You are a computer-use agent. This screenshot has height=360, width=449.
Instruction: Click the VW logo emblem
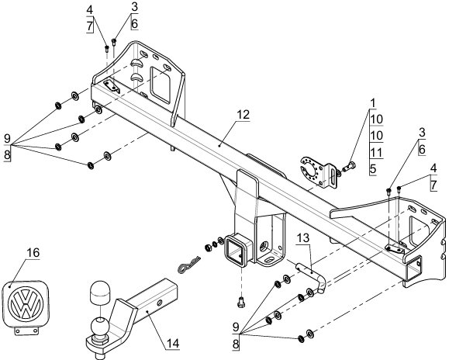(26, 303)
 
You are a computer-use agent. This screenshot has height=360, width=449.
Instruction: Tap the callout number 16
(33, 253)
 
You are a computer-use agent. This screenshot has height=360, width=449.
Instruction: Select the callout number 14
(173, 343)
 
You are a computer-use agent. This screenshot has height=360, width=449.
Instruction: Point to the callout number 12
(243, 115)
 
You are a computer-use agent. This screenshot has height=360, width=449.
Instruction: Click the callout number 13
(303, 237)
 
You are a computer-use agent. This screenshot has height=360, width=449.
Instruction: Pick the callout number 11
(376, 152)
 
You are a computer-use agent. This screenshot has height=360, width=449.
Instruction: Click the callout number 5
(373, 168)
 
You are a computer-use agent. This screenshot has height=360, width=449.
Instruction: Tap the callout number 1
(372, 103)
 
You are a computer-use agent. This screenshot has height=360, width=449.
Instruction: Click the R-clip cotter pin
(188, 265)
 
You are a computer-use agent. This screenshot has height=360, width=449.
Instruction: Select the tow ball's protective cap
(100, 292)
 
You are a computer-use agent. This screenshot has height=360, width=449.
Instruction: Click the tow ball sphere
(100, 327)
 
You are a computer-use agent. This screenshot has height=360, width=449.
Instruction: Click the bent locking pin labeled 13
(312, 277)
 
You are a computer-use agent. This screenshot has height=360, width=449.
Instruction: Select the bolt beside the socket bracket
(349, 166)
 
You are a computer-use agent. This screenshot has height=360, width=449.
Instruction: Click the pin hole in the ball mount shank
(160, 302)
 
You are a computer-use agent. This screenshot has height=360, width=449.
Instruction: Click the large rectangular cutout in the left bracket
(161, 85)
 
